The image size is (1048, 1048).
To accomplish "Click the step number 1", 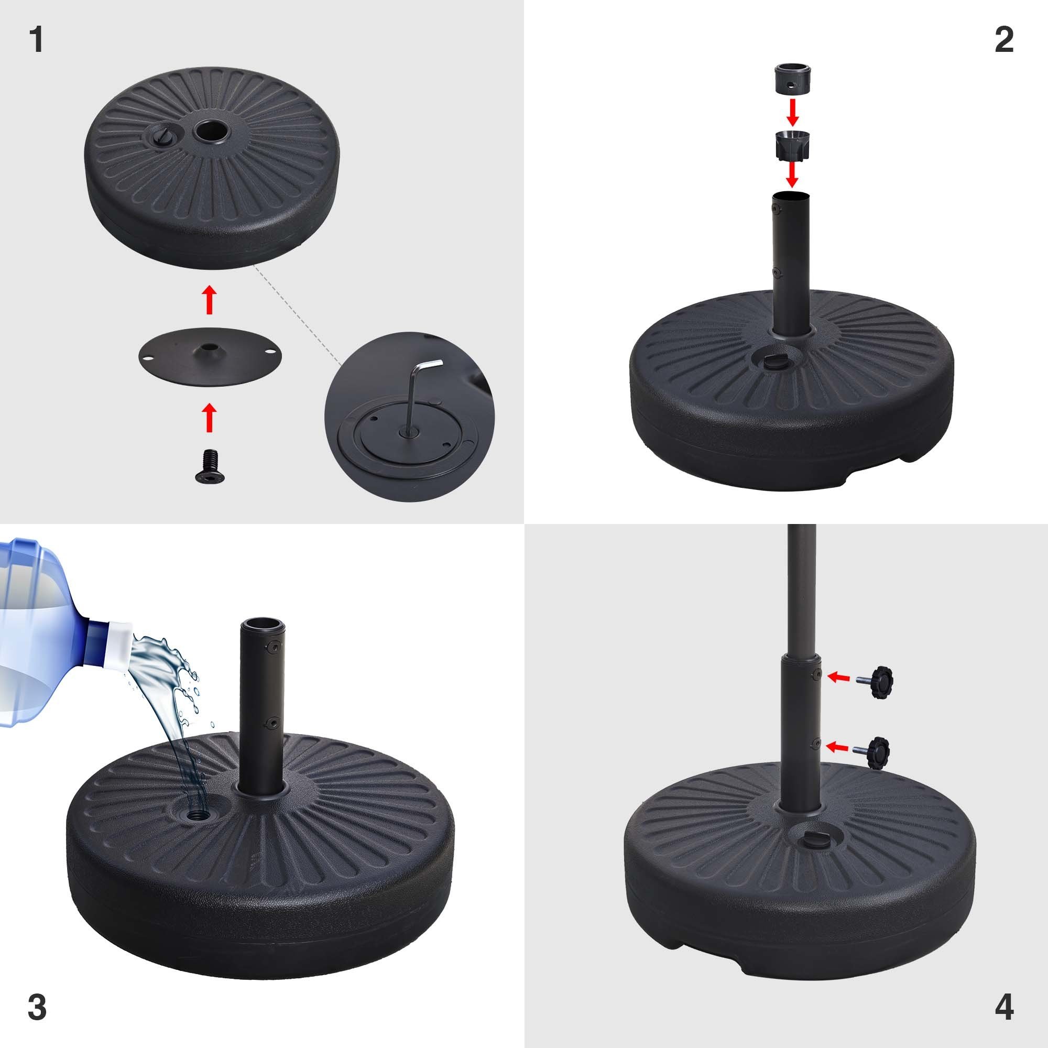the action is [x=36, y=40].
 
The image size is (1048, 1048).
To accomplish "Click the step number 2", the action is [x=1004, y=40].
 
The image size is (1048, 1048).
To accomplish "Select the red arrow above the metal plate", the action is [x=209, y=300].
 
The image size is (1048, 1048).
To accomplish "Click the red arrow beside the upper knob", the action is [x=838, y=677].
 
